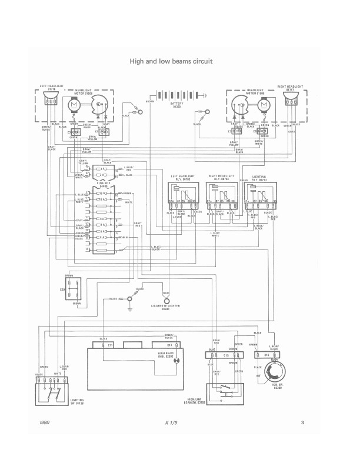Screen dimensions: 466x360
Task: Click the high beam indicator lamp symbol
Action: click(175, 360)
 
